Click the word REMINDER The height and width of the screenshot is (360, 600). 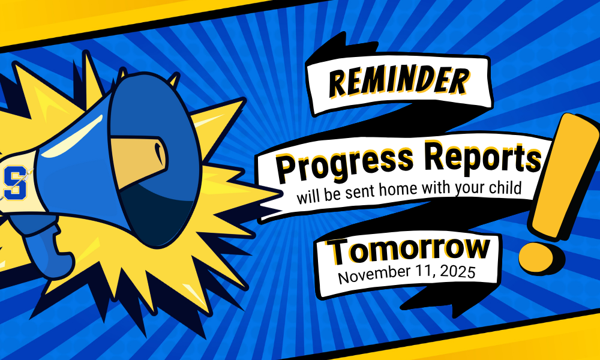398,82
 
